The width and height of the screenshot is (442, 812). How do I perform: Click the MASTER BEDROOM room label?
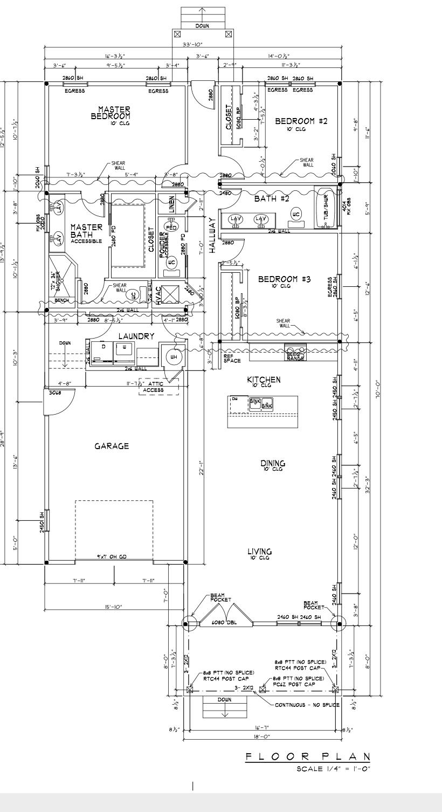tap(110, 113)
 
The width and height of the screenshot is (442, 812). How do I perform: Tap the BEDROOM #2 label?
tap(301, 121)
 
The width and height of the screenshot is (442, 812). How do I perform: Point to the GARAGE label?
tap(112, 446)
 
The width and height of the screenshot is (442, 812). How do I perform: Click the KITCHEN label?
tap(264, 380)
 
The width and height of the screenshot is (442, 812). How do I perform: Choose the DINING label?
tap(273, 463)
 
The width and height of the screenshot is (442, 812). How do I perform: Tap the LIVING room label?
tap(259, 552)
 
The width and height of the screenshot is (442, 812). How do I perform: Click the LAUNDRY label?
tap(136, 336)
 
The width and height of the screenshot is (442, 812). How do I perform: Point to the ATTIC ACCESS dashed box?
tap(158, 387)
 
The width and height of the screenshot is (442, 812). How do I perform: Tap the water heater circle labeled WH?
tap(174, 357)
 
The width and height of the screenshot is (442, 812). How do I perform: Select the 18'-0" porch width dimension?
tap(261, 736)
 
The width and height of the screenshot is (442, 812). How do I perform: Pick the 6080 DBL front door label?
tap(221, 622)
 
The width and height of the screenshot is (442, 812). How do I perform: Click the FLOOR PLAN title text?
tap(308, 756)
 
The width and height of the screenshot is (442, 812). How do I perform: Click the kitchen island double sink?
tap(261, 403)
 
